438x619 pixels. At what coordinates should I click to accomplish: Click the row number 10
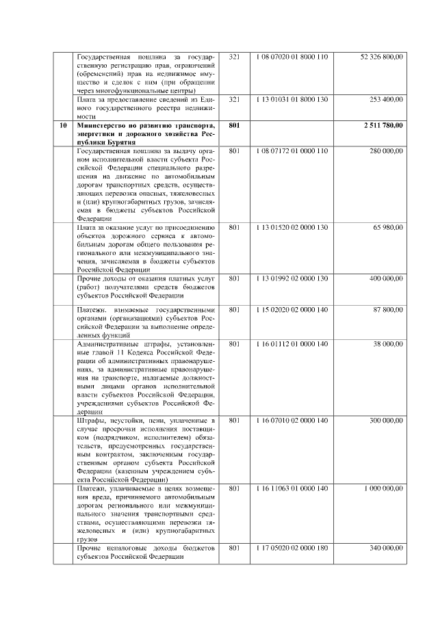63,125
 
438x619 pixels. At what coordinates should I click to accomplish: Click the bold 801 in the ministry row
234,125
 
